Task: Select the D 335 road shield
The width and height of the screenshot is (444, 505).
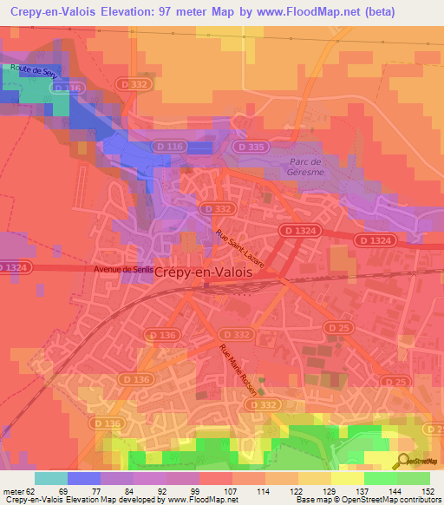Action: [252, 148]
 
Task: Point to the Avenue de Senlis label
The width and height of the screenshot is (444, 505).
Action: [125, 270]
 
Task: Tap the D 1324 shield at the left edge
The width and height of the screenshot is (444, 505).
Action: [13, 267]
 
